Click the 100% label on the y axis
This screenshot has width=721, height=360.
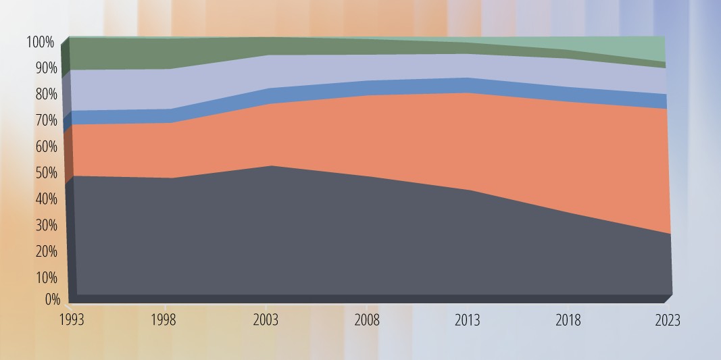[x=40, y=43]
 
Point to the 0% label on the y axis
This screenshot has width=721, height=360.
[x=52, y=299]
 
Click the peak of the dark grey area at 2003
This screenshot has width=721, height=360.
[x=270, y=166]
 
